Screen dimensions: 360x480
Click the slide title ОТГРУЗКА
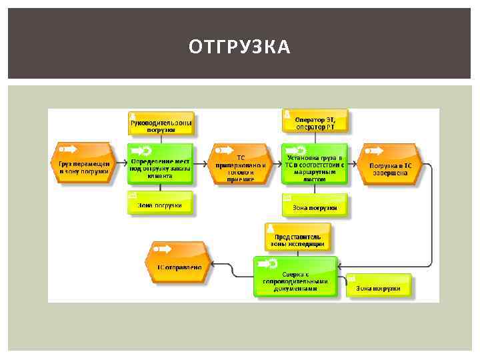[x=239, y=47]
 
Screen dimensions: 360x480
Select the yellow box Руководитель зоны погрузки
[x=161, y=123]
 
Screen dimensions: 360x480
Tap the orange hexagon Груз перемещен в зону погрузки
[x=83, y=163]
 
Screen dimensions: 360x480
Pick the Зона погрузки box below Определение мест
[x=160, y=203]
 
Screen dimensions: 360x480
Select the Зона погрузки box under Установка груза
[x=315, y=205]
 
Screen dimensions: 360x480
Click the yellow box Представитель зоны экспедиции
[x=297, y=237]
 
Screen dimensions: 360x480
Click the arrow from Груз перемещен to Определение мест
[x=119, y=163]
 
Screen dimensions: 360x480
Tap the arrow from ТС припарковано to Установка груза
[x=277, y=163]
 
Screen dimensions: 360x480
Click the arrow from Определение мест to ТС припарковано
[x=203, y=163]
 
